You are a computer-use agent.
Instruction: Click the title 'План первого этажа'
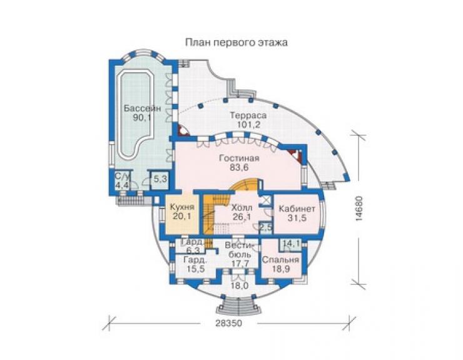pos(237,43)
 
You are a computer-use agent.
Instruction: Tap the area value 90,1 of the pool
pos(142,118)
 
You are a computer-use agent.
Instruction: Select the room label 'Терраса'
pos(248,115)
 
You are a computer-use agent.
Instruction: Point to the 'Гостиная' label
pos(239,158)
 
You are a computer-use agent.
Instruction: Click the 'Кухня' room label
pos(182,207)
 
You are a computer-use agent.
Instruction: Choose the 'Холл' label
pos(242,207)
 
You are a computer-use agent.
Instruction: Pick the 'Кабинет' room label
pos(297,208)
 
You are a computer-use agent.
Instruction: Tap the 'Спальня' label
pos(280,260)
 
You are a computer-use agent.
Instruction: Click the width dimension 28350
pos(228,323)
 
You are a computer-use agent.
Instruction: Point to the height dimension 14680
pos(359,208)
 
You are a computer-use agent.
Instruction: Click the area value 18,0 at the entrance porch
pos(239,286)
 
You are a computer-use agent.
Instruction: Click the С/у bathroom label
pos(121,177)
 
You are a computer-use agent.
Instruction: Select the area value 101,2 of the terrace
pos(248,125)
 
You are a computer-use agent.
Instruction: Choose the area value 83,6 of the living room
pos(239,168)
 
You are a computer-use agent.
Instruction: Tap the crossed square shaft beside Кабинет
pos(265,200)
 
